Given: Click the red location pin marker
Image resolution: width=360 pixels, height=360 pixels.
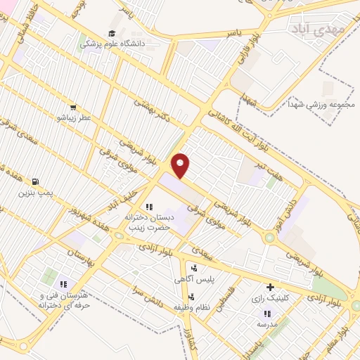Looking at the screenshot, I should pos(181,165).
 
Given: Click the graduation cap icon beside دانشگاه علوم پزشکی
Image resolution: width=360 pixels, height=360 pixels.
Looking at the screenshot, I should pos(112,33).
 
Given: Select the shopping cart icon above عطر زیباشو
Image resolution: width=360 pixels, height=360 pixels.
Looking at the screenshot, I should pos(72,108).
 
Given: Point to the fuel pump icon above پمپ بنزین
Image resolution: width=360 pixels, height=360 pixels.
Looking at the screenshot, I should pos(36,181).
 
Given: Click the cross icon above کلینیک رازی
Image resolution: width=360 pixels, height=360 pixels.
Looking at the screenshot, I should pos(270,287).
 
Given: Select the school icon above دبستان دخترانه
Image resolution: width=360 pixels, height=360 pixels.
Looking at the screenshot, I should pos(148,207).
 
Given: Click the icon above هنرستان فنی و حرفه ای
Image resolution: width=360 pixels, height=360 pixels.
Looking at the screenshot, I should pos(63,284).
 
